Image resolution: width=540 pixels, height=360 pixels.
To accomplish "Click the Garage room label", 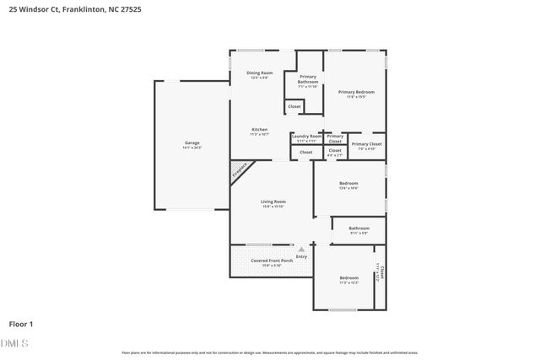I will click(192, 144).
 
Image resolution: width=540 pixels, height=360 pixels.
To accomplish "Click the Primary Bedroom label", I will click(355, 93).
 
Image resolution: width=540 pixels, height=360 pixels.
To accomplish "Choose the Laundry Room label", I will click(307, 137).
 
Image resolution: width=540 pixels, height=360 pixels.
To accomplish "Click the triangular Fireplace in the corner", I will click(239, 172).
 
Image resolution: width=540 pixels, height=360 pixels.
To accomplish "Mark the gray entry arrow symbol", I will click(301, 250).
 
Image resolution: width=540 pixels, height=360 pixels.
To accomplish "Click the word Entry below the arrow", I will click(301, 256).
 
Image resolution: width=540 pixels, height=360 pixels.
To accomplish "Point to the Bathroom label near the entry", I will click(359, 229).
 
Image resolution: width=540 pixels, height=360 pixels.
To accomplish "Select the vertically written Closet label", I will click(380, 274).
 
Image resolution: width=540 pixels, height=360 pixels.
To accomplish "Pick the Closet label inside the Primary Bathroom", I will click(294, 106).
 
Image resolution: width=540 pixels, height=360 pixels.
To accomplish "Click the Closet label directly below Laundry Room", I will click(305, 152).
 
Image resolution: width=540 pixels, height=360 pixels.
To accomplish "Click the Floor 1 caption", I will click(21, 324).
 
